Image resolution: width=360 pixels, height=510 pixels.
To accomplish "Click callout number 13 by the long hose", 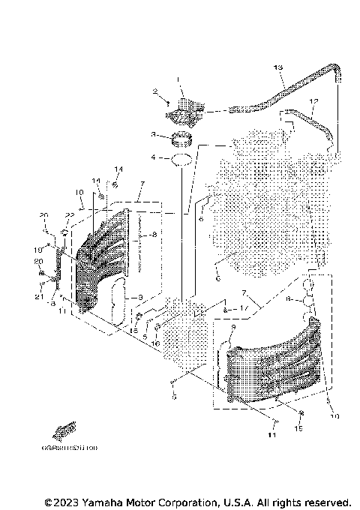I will pos(278,68).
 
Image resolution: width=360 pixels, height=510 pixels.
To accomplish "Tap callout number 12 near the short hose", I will pos(313,101).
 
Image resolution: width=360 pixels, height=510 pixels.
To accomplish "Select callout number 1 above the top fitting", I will pos(179,79).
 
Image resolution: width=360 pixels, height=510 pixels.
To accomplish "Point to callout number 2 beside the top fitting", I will pos(156,93).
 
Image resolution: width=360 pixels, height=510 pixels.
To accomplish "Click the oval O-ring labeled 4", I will pos(180,159).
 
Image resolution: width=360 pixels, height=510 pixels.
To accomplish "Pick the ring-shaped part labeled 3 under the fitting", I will pos(180,137).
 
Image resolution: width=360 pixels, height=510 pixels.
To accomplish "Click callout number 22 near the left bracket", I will pos(68,214).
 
